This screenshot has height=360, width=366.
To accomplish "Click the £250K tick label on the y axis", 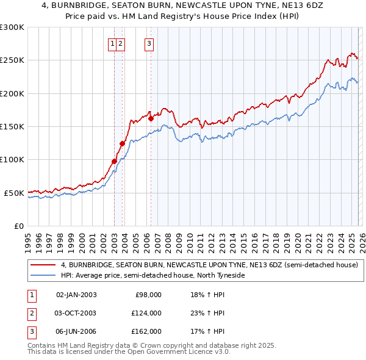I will click(x=12, y=60).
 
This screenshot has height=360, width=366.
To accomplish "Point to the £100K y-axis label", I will click(x=12, y=160).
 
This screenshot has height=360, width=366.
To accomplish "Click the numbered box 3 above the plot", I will click(x=149, y=43).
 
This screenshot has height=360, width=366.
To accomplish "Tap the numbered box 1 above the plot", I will click(x=113, y=43).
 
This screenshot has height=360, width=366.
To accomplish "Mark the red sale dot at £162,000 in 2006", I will click(x=151, y=118).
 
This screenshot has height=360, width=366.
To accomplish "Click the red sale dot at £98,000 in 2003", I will click(x=114, y=161).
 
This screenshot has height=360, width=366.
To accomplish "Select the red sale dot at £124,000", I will click(x=122, y=143).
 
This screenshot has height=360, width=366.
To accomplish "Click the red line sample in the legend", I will click(x=43, y=265).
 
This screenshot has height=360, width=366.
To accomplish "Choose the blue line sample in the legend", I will click(x=43, y=276).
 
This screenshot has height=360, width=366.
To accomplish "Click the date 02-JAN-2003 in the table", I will click(x=76, y=295).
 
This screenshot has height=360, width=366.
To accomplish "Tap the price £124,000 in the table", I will click(x=146, y=313).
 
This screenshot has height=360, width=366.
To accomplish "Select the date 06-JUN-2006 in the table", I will click(x=76, y=331).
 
